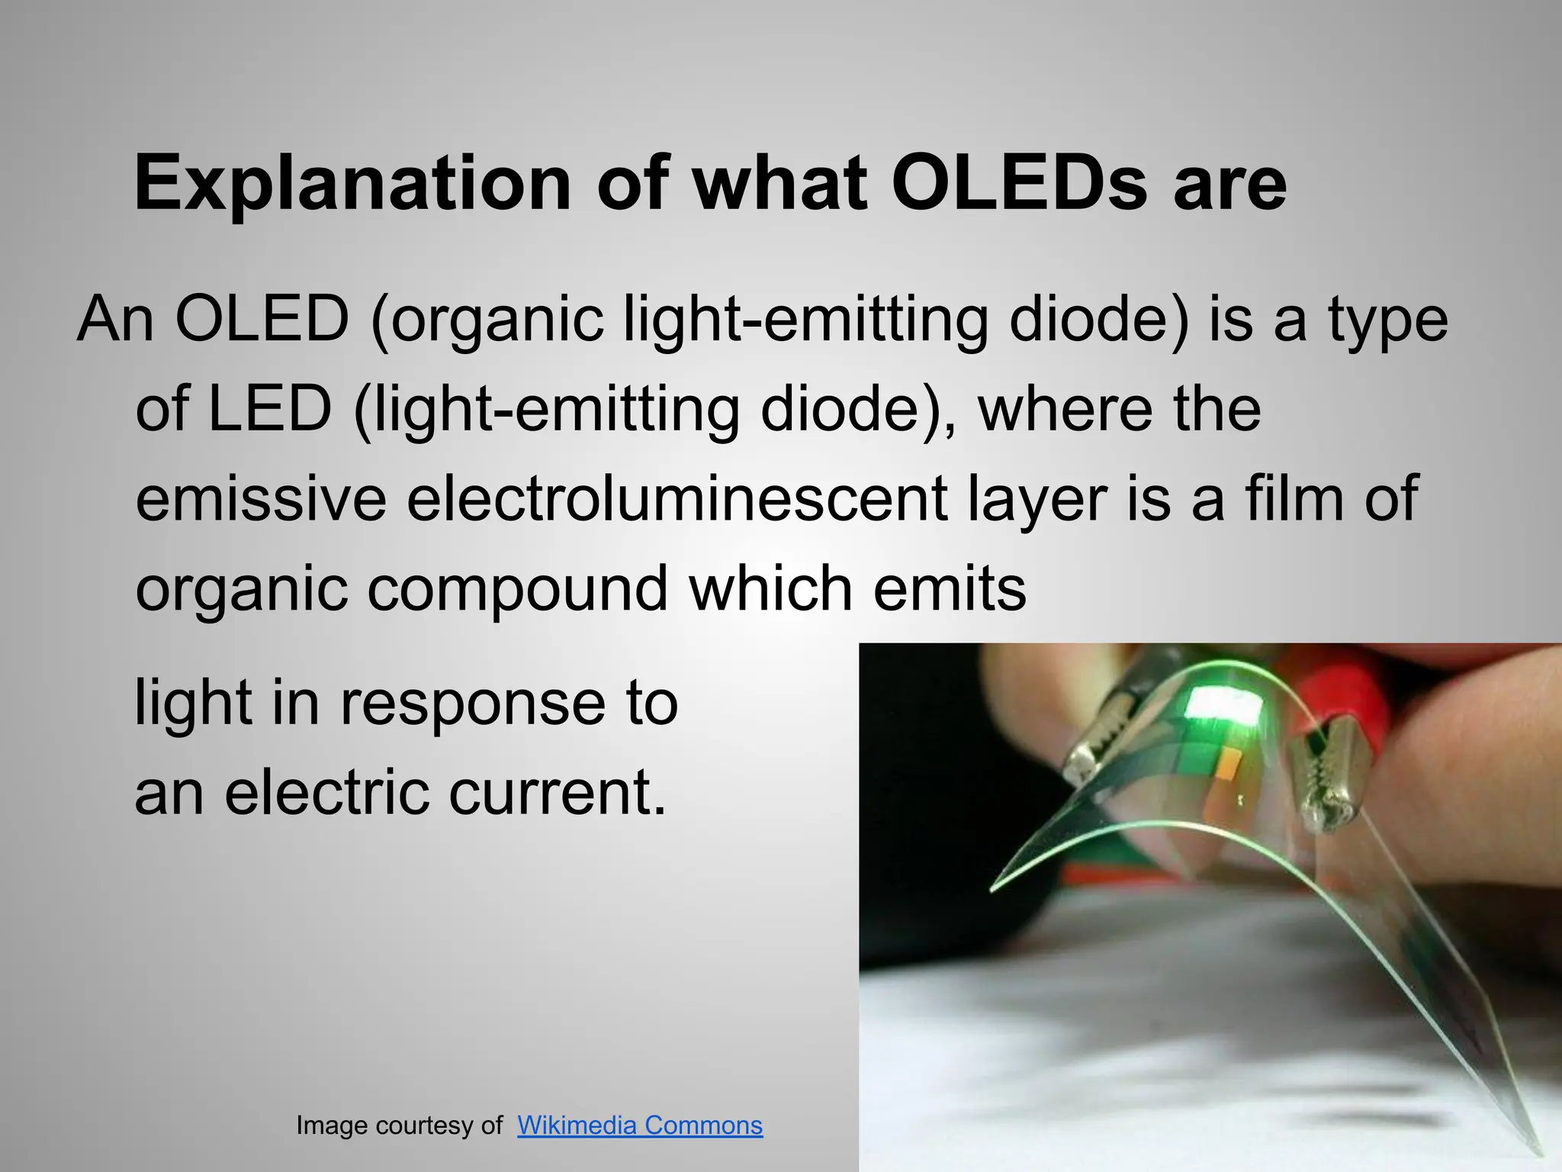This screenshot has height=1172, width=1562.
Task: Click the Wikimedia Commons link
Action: [x=639, y=1125]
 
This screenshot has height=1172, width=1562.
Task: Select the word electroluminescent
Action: [x=677, y=499]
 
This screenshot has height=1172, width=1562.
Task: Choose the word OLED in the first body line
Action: [x=262, y=319]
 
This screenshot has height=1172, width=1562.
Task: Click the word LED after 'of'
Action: [x=270, y=409]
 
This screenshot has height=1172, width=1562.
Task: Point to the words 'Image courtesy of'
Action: [x=399, y=1125]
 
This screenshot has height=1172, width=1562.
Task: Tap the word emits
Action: [x=950, y=590]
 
